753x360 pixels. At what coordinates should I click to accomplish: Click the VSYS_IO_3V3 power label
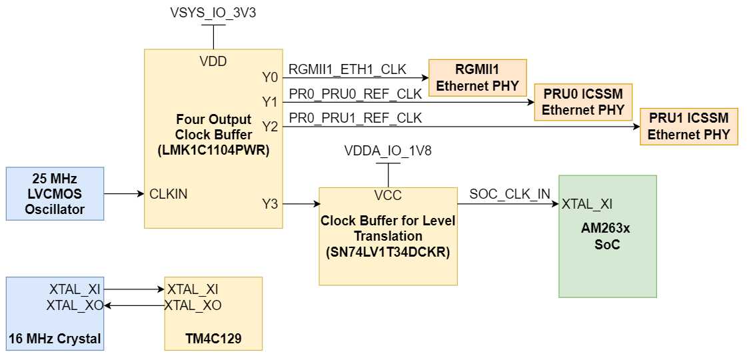pos(213,13)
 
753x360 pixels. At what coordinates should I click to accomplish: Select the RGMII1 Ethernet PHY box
pos(477,78)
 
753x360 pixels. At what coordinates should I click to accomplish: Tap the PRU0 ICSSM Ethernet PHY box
pos(583,102)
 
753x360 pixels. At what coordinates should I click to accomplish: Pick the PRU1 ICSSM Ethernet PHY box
pos(688,126)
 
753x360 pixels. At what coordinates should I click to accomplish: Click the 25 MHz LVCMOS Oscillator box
pos(55,194)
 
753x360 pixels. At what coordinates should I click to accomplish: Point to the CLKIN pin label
pos(168,194)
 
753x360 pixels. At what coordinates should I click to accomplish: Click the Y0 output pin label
pos(270,78)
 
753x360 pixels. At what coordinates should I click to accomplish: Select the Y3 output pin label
pos(270,204)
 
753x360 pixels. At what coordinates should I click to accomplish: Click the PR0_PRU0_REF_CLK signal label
pos(355,95)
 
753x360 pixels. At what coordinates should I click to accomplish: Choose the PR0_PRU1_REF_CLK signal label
pos(355,119)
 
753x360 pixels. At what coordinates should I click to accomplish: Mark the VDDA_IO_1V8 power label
pos(388,151)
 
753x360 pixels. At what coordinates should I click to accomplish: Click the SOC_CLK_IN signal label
pos(510,195)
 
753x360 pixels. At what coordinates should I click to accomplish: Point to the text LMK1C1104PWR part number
pos(213,150)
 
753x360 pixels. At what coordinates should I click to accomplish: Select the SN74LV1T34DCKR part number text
pos(388,253)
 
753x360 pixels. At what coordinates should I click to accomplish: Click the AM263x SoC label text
pos(606,237)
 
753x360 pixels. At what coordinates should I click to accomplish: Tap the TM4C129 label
pos(213,339)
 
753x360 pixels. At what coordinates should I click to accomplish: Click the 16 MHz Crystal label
pos(55,339)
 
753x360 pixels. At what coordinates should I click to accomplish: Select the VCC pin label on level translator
pos(388,195)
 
